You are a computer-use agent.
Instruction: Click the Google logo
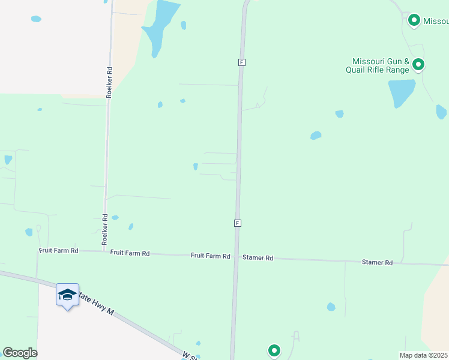tap(20, 353)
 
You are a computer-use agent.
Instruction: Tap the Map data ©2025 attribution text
tap(424, 355)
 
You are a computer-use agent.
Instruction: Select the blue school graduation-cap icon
tap(67, 295)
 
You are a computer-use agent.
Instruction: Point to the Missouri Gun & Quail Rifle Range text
tap(381, 65)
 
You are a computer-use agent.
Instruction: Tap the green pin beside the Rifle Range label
tap(418, 64)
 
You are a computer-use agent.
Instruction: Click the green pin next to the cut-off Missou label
tap(414, 20)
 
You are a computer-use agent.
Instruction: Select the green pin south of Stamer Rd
tap(274, 350)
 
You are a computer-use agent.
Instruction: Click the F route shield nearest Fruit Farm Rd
tap(238, 223)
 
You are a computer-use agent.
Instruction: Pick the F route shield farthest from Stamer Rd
tap(241, 62)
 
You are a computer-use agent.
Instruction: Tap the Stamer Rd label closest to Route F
tap(258, 258)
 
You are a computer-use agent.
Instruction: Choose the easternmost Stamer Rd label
tap(377, 263)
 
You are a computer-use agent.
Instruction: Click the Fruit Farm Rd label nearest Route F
tap(210, 256)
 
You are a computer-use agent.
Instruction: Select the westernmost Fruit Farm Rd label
tap(59, 250)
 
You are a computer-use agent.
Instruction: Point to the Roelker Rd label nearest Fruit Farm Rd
tap(104, 230)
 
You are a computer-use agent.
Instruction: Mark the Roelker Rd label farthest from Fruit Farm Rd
tap(109, 82)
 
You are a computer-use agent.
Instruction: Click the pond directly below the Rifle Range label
tap(401, 92)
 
